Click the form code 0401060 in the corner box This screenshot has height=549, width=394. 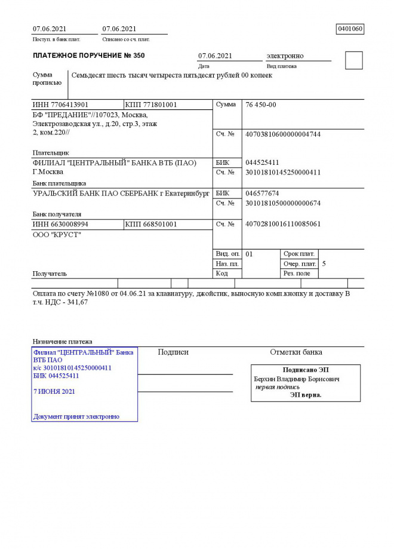pyautogui.click(x=350, y=29)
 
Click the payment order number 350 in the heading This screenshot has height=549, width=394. pyautogui.click(x=137, y=56)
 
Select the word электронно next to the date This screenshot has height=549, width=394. pyautogui.click(x=285, y=56)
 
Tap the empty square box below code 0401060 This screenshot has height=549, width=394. pyautogui.click(x=354, y=60)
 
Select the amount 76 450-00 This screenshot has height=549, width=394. pyautogui.click(x=261, y=105)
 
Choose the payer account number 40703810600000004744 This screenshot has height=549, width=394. pyautogui.click(x=283, y=134)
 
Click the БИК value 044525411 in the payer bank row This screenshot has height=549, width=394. pyautogui.click(x=262, y=162)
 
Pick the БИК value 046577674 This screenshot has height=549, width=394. pyautogui.click(x=262, y=194)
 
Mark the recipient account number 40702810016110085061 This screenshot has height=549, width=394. pyautogui.click(x=283, y=224)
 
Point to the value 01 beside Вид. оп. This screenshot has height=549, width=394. pyautogui.click(x=250, y=254)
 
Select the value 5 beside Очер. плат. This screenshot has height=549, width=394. pyautogui.click(x=324, y=263)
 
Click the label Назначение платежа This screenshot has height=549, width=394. pyautogui.click(x=62, y=341)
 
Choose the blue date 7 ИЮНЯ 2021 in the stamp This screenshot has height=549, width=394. pyautogui.click(x=54, y=391)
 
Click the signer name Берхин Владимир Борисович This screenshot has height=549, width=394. pyautogui.click(x=297, y=379)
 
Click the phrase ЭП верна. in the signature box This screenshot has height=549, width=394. pyautogui.click(x=306, y=395)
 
